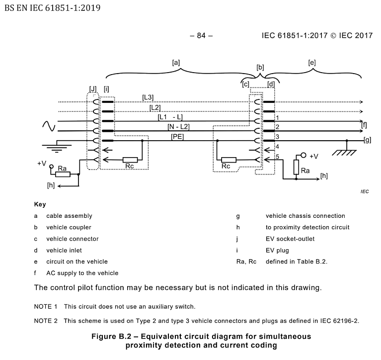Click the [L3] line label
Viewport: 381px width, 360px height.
pyautogui.click(x=148, y=97)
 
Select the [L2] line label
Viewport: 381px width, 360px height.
pyautogui.click(x=155, y=107)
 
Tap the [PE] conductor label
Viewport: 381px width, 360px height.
pyautogui.click(x=177, y=136)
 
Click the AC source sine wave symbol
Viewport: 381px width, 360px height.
pyautogui.click(x=48, y=126)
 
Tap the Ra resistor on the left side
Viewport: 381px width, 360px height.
pyautogui.click(x=63, y=175)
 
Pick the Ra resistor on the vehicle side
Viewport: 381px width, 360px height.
pyautogui.click(x=296, y=168)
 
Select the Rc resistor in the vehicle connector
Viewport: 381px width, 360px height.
pyautogui.click(x=229, y=160)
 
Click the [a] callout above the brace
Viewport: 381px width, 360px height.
pyautogui.click(x=175, y=63)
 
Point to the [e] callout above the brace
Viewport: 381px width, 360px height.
pyautogui.click(x=312, y=63)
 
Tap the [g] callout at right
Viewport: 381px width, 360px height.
pyautogui.click(x=368, y=141)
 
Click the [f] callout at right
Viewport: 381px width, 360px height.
pyautogui.click(x=365, y=125)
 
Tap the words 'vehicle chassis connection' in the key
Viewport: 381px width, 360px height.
pyautogui.click(x=305, y=216)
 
